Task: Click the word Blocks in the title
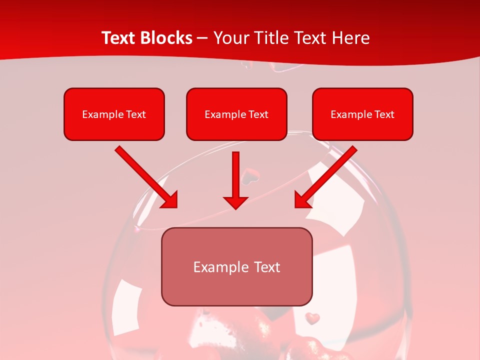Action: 167,38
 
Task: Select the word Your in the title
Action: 230,38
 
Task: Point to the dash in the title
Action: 202,38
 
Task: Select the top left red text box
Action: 114,114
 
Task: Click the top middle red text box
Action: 236,114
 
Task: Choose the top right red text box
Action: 362,114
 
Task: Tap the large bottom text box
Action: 236,266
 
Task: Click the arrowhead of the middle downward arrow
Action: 235,201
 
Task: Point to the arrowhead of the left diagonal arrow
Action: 170,199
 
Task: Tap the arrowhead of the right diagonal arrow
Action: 302,199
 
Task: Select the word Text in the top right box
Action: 384,114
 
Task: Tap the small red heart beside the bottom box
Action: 312,317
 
